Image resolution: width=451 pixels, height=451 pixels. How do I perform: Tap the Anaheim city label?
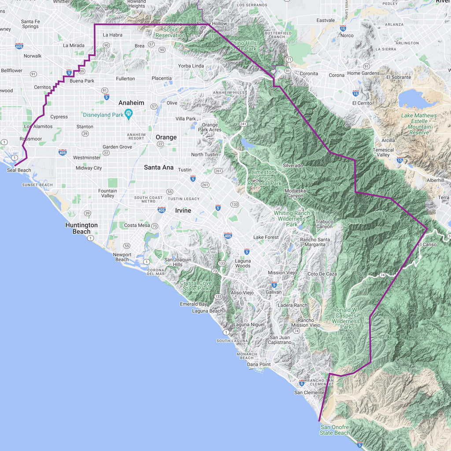(131, 103)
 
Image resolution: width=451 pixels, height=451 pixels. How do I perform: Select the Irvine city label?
(183, 211)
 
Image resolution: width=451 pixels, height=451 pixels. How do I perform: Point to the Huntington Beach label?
(81, 228)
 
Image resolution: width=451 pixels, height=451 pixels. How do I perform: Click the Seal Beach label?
(19, 170)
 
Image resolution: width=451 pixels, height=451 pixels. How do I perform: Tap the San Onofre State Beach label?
(335, 430)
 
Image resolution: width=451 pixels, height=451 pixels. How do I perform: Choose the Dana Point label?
(259, 364)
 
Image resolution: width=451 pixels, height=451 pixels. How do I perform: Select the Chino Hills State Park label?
(244, 46)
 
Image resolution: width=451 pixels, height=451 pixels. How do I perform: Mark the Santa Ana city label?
(159, 167)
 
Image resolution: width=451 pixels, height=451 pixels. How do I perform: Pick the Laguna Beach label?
(207, 311)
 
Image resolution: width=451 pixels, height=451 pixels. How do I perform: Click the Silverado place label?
(293, 165)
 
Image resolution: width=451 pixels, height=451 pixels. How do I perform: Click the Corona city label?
(336, 75)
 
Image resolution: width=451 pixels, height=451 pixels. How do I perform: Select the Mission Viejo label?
(282, 273)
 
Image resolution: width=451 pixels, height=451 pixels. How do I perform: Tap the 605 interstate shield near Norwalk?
(19, 46)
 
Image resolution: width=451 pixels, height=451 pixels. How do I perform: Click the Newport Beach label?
(122, 257)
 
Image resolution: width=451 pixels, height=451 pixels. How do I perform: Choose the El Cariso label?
(427, 244)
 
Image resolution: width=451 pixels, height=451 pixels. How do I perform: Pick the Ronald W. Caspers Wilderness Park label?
(346, 318)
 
